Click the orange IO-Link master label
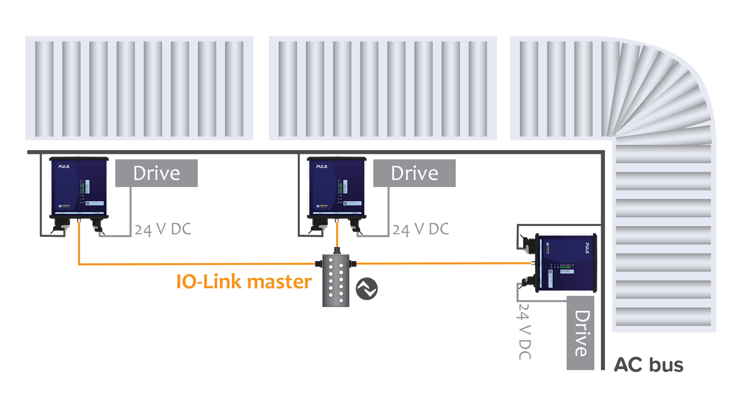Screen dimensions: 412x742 244,282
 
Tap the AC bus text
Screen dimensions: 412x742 648,365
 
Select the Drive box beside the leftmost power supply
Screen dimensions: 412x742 157,173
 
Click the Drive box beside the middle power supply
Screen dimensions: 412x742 414,173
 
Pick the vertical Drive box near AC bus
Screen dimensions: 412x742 580,333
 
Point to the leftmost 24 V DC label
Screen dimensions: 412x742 163,229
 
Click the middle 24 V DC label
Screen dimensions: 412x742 420,229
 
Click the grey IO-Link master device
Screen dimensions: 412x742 336,280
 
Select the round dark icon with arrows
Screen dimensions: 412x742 366,289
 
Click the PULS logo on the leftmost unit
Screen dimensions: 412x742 64,167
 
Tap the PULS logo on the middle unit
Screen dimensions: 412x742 322,167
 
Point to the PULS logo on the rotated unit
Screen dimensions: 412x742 587,248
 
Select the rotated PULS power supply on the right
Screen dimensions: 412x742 566,262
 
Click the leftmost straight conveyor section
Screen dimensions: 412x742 139,88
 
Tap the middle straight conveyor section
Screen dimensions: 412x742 382,88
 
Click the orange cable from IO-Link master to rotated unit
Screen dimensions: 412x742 442,264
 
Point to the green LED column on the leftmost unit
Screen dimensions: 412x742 82,187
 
